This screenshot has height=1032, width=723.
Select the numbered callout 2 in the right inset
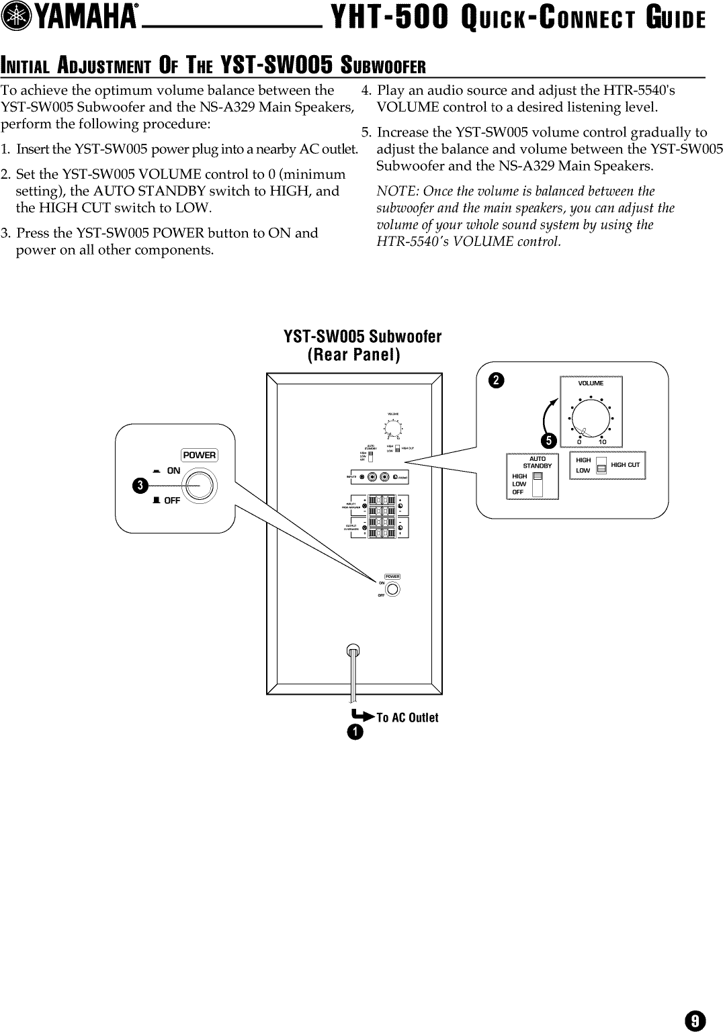tap(495, 381)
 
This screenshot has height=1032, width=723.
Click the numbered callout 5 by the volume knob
tap(550, 441)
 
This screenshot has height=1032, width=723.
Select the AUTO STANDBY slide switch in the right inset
tap(536, 484)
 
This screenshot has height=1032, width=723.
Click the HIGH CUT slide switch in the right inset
tap(601, 466)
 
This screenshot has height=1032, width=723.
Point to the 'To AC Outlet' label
tap(407, 718)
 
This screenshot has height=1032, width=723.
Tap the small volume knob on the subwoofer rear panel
tap(393, 427)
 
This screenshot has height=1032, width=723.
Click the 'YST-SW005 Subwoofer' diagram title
tap(363, 336)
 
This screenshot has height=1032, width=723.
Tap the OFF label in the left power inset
tap(172, 500)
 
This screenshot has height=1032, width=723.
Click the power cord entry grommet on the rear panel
tap(353, 650)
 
